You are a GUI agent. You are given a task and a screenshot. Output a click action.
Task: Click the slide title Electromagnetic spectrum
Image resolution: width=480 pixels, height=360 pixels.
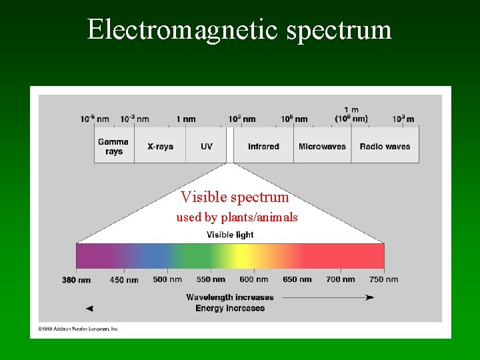click(239, 29)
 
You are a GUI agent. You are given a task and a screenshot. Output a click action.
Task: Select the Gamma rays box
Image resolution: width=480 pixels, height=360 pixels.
click(114, 146)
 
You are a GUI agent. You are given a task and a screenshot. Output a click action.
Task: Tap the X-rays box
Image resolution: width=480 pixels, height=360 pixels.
click(159, 146)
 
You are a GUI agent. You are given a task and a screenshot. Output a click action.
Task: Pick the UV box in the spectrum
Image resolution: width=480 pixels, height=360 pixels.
click(206, 146)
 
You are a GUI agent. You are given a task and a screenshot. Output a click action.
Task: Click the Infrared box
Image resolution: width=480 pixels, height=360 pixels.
click(263, 146)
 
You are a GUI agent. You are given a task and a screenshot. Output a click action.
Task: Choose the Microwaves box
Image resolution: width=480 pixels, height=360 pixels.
click(322, 146)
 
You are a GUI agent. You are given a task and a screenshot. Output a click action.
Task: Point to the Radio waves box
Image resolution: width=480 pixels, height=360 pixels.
click(385, 146)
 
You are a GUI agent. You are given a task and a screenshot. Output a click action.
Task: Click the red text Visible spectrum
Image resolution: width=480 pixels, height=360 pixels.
click(235, 197)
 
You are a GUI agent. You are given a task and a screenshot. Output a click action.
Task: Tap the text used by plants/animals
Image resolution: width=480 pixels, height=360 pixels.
click(237, 217)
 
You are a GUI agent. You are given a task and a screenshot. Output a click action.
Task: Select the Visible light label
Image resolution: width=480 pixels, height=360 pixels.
click(230, 235)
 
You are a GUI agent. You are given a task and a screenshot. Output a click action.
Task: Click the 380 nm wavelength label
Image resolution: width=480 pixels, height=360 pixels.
click(76, 280)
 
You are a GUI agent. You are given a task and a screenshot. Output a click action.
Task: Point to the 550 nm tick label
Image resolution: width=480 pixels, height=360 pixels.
click(211, 279)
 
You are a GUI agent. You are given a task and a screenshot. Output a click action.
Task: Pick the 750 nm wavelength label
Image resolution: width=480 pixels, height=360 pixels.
click(383, 279)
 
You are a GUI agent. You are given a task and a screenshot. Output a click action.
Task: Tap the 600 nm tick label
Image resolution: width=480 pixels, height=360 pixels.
click(253, 279)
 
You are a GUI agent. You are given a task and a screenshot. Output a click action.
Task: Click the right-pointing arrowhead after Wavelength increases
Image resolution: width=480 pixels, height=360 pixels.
click(369, 297)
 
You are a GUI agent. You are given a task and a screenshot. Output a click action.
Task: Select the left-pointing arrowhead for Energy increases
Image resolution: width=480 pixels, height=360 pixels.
click(90, 309)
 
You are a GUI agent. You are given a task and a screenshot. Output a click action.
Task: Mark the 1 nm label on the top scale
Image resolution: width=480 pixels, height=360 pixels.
click(186, 119)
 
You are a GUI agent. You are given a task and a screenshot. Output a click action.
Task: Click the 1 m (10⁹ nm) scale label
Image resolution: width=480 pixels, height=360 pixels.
click(351, 115)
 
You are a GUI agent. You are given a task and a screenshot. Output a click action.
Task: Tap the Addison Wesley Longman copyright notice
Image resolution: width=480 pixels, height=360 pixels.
click(78, 329)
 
